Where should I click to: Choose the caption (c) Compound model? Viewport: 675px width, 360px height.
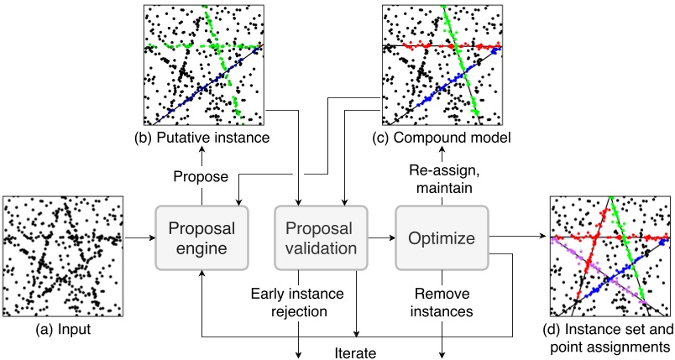click(x=442, y=136)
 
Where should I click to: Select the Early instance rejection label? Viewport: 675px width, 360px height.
click(x=298, y=301)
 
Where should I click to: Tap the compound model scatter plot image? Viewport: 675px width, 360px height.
click(x=442, y=64)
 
